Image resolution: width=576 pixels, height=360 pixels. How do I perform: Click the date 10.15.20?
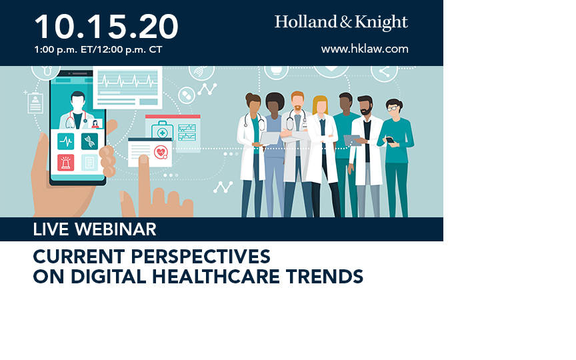click(106, 27)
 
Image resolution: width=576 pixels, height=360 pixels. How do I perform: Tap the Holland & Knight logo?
click(341, 23)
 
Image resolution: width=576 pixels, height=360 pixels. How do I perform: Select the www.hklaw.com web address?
click(365, 49)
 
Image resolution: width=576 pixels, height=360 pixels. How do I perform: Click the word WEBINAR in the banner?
click(116, 229)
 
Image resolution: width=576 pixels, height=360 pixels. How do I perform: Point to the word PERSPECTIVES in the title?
click(201, 257)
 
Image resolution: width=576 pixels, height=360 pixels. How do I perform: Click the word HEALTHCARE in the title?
click(216, 277)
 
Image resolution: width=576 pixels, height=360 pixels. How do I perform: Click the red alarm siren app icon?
click(66, 163)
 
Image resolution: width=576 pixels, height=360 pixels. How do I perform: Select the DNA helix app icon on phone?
click(89, 141)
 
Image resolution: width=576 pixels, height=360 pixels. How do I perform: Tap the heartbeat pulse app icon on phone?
click(66, 141)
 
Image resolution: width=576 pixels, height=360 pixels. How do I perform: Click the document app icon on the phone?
click(89, 163)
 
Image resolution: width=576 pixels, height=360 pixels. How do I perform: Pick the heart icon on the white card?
click(161, 152)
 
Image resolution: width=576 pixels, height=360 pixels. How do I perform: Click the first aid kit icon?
click(163, 131)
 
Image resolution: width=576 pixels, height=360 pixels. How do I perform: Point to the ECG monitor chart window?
click(127, 87)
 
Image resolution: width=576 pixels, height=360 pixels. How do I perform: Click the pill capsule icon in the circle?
click(187, 95)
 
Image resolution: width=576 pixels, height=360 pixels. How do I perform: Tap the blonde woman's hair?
click(320, 103)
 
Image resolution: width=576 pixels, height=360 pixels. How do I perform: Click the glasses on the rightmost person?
click(392, 109)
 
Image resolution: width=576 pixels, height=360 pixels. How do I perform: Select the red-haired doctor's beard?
click(297, 108)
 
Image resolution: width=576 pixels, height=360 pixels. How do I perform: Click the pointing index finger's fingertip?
click(143, 159)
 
